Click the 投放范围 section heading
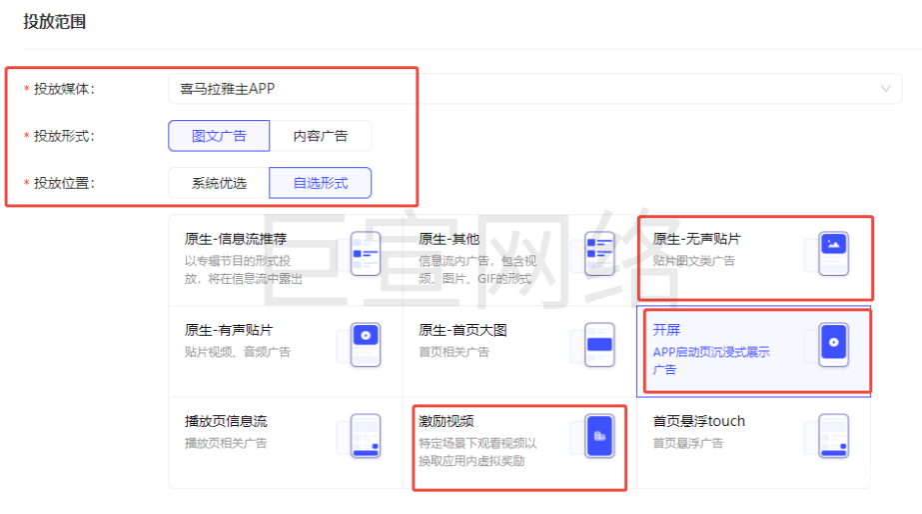(55, 21)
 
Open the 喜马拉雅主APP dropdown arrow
(885, 89)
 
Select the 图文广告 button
(219, 136)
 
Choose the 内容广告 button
(321, 136)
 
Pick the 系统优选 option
(219, 183)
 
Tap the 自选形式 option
(321, 183)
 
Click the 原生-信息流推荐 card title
(236, 239)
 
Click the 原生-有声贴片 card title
(229, 330)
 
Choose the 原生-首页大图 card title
(462, 330)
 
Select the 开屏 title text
(666, 330)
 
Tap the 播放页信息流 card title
(226, 421)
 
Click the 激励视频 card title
(447, 421)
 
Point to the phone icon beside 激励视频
(599, 436)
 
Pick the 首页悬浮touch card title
(698, 421)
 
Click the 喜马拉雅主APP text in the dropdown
(227, 89)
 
